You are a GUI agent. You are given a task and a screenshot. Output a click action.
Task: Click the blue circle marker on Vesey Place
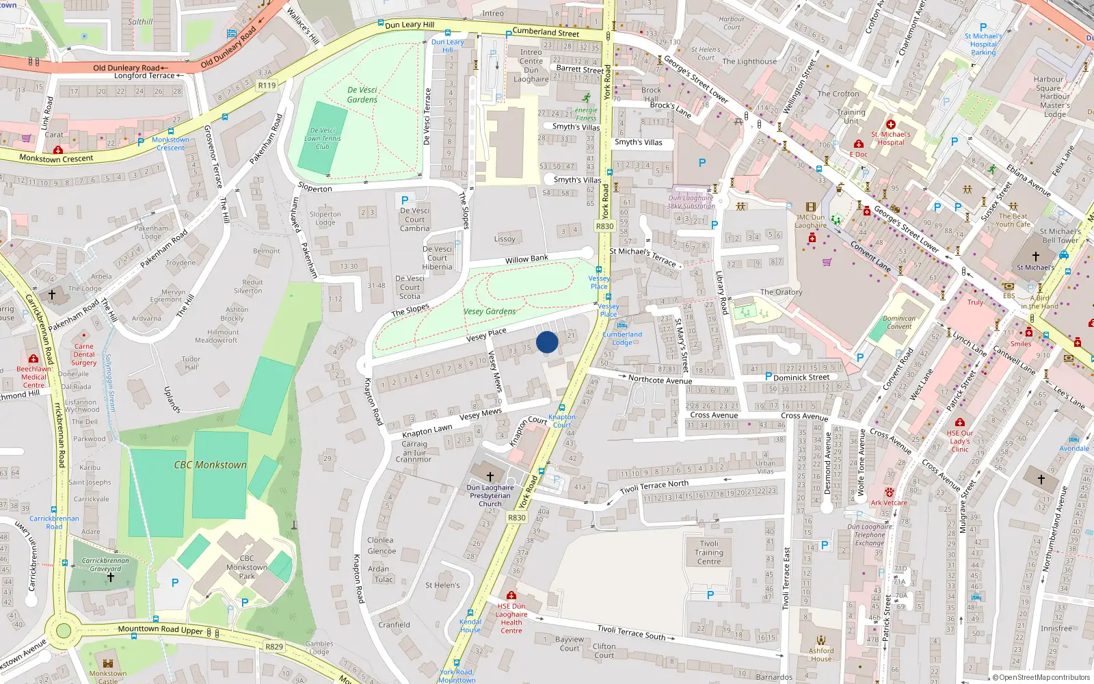point(547,342)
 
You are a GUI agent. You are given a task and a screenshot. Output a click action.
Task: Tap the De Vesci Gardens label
point(362,95)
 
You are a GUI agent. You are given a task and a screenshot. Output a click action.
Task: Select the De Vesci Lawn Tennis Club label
point(322,138)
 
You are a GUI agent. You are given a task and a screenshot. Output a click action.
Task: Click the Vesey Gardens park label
point(490,311)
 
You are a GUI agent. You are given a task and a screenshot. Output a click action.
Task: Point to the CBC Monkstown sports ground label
point(210,465)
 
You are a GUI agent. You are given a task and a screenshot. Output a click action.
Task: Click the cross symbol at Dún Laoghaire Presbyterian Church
point(490,476)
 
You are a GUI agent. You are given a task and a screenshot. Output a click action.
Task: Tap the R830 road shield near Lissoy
point(604,226)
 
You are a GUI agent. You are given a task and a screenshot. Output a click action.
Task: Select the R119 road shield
point(267,85)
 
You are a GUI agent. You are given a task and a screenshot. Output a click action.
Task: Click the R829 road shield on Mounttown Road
point(274,646)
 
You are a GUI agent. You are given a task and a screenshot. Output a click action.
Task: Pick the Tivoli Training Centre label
point(709,553)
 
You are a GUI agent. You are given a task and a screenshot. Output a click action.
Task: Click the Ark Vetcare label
point(889,503)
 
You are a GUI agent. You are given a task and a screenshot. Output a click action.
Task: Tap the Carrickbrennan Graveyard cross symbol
point(110,578)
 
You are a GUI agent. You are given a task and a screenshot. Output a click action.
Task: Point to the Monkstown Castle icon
point(107,663)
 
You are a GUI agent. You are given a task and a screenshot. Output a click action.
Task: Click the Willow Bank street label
point(526,259)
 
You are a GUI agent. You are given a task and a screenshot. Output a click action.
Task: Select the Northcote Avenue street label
point(660,380)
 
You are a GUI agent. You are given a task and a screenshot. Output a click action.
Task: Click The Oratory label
point(781,292)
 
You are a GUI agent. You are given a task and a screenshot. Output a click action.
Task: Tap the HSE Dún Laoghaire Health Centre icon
point(511,595)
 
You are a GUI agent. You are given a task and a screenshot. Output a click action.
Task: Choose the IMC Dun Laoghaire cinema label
point(810,221)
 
